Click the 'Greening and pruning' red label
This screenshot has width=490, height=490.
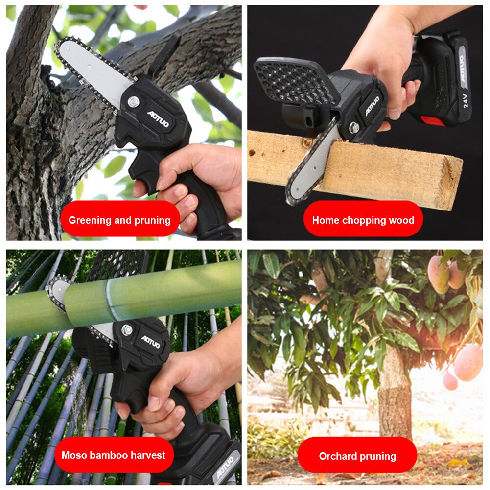pyautogui.click(x=120, y=220)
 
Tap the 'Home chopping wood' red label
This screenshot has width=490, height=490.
pyautogui.click(x=363, y=220)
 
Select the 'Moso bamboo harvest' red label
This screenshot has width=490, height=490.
pyautogui.click(x=114, y=455)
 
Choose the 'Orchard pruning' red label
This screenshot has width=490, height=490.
pyautogui.click(x=357, y=456)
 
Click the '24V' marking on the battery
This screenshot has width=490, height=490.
pyautogui.click(x=466, y=100)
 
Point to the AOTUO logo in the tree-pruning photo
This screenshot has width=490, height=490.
pyautogui.click(x=158, y=119)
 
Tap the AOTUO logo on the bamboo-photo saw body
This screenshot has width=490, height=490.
pyautogui.click(x=150, y=341)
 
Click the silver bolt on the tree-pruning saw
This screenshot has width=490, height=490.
pyautogui.click(x=133, y=101)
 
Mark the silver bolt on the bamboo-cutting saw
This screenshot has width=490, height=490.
pyautogui.click(x=127, y=329)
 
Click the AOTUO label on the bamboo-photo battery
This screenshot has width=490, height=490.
pyautogui.click(x=226, y=467)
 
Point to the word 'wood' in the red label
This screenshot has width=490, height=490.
pyautogui.click(x=401, y=220)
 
